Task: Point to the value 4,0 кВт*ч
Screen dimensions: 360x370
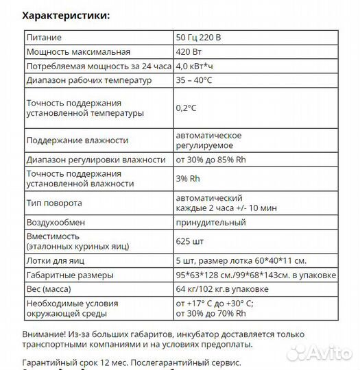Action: [x=195, y=66]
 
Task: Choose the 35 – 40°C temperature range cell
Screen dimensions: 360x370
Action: [x=197, y=80]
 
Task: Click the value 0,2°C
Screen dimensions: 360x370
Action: [x=186, y=108]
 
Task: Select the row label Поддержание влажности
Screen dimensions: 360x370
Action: [x=77, y=140]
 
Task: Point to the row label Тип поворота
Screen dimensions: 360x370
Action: [x=54, y=203]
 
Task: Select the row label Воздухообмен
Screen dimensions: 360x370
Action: [x=55, y=223]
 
